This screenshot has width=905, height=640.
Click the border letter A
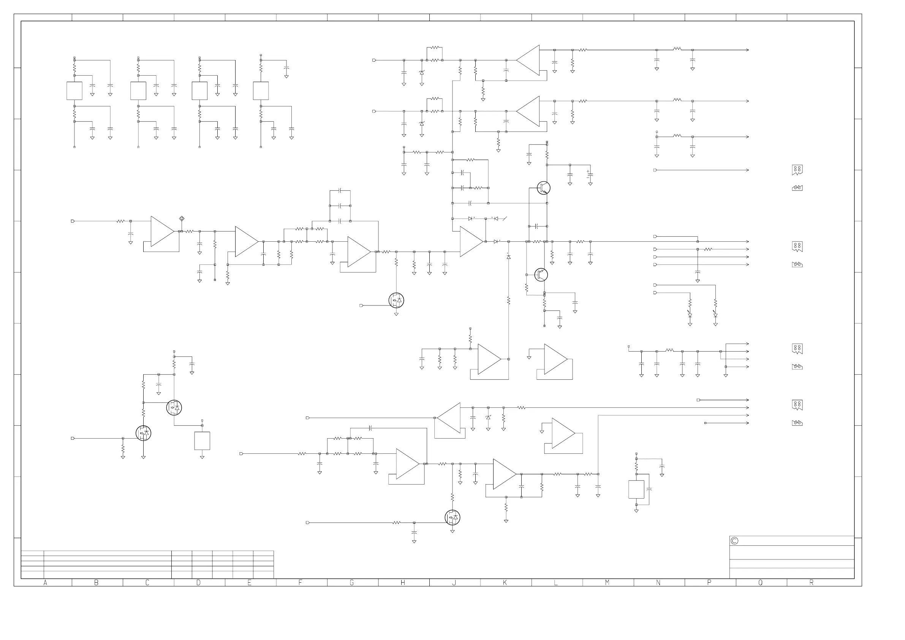45,583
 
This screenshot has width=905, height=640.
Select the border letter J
454,583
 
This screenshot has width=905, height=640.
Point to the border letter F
301,583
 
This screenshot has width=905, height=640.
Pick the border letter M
607,583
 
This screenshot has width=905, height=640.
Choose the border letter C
147,583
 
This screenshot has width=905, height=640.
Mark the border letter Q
760,583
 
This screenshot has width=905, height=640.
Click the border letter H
403,583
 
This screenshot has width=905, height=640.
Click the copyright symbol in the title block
734,541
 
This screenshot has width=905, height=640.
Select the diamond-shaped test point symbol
182,218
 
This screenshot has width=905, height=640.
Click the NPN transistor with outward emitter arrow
544,188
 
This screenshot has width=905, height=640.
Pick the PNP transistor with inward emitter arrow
541,274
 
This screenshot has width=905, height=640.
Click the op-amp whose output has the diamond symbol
161,231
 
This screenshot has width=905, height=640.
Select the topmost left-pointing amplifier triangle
529,60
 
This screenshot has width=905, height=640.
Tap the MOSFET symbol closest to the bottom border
452,517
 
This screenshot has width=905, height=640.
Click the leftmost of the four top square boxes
74,91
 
